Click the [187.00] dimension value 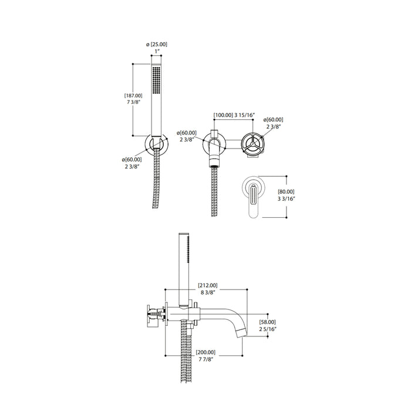(x=133, y=96)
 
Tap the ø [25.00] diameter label (x=157, y=45)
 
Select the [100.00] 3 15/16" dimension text (x=234, y=115)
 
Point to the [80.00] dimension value (x=286, y=192)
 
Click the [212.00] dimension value (x=208, y=285)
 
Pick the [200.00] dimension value (x=206, y=352)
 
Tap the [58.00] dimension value (x=267, y=322)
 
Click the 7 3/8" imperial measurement (x=134, y=102)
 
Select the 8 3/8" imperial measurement (x=208, y=292)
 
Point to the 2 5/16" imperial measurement (x=268, y=329)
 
